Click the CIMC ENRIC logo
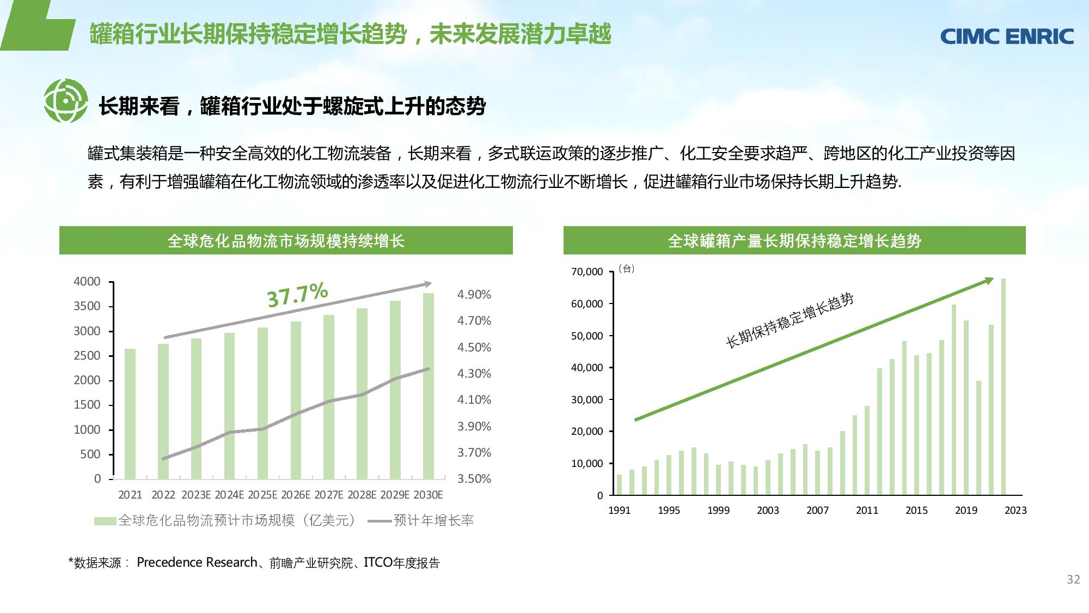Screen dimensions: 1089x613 (1007, 37)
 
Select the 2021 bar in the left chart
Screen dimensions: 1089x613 (130, 414)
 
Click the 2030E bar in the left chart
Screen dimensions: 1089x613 (429, 386)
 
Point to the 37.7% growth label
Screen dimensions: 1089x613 (297, 295)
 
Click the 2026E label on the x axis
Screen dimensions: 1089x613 (296, 495)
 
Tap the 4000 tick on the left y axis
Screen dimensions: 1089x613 (87, 282)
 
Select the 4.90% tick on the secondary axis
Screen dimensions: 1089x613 (474, 295)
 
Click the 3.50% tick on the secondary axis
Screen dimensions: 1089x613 (474, 479)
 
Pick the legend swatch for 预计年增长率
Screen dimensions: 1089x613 (380, 521)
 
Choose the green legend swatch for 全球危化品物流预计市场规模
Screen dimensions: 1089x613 (105, 521)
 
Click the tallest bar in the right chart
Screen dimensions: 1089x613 (1004, 387)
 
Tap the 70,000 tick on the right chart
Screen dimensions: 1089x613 (587, 272)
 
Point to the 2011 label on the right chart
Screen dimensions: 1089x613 (867, 511)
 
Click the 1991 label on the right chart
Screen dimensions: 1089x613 (619, 511)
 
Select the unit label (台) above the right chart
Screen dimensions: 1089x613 (627, 269)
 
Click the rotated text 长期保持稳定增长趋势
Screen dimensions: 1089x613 (790, 320)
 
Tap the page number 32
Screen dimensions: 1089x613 (1073, 580)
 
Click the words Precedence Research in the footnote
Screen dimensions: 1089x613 (197, 562)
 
